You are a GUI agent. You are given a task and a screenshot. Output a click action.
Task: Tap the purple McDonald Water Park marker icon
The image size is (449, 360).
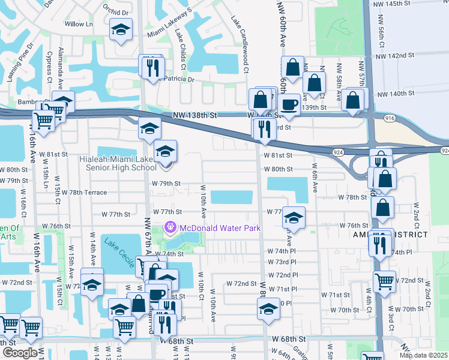point(170,227)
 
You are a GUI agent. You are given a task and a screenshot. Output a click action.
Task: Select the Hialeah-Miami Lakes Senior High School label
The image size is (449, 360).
point(118,163)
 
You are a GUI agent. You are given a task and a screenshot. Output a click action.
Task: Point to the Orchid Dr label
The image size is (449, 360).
point(116,11)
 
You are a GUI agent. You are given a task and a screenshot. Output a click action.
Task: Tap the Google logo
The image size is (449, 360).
point(19,353)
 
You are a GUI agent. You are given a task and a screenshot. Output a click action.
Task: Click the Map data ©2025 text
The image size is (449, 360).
point(423,355)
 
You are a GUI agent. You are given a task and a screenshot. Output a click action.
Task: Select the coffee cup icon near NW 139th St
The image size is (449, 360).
point(290,104)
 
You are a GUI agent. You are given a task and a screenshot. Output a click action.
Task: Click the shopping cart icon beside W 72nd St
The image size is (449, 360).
point(384,281)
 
